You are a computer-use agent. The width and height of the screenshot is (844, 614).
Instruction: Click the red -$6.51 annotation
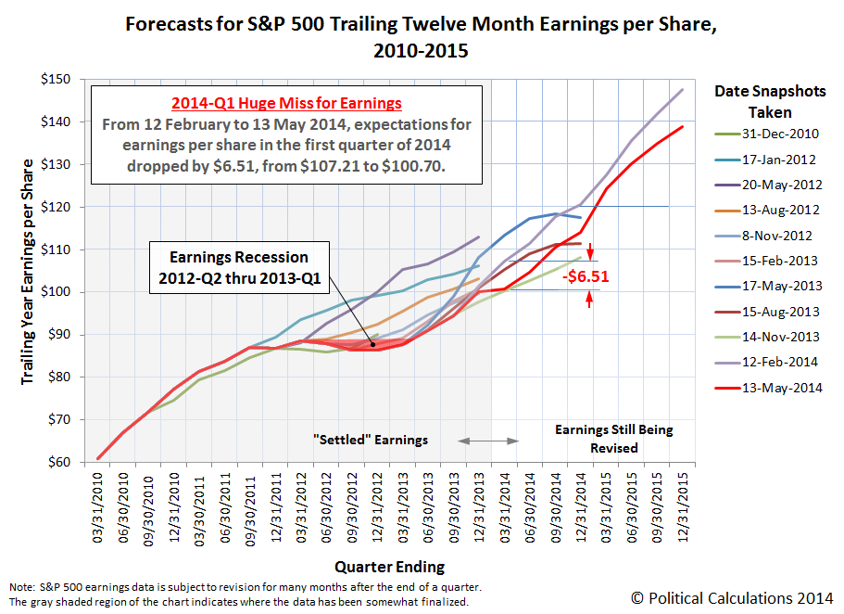pos(590,276)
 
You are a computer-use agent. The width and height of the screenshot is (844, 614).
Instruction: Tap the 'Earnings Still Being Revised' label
pos(614,439)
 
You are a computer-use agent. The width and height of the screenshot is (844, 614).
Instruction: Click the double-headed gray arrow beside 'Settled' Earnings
pos(489,439)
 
